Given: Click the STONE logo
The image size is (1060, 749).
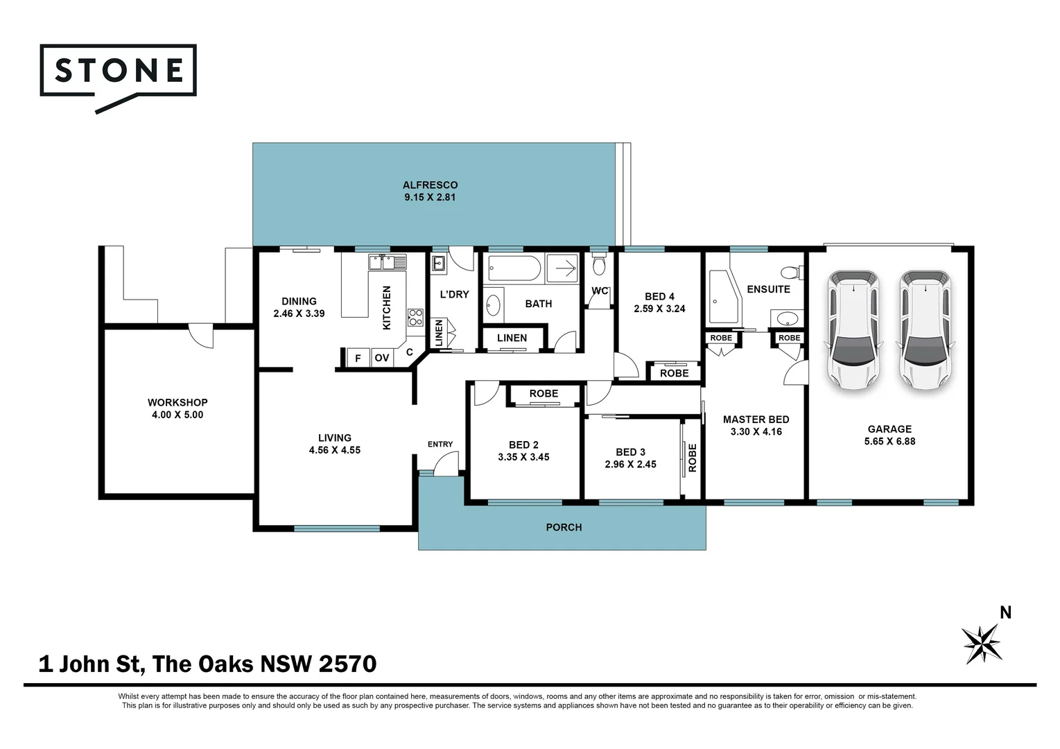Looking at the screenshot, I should pos(118,71).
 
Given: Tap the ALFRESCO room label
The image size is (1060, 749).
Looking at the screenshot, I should pos(430,185).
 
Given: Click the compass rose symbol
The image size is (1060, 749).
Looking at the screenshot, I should pos(982,643).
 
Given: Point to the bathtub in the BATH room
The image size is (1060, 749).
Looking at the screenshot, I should pos(514,268).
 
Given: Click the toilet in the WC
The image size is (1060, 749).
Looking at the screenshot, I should pos(600,266).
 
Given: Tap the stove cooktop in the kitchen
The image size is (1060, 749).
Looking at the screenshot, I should pos(415,317).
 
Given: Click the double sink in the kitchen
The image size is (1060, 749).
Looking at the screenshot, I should pos(388,262).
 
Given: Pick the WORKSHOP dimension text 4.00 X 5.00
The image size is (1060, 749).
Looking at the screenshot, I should pos(177,415).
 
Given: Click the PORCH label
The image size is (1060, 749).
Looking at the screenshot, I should pos(564,527).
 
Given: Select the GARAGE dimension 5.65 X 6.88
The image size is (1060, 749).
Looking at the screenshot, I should pos(889,441).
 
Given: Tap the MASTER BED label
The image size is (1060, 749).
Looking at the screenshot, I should pos(756,420).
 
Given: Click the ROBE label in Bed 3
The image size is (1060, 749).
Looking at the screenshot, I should pos(692,458).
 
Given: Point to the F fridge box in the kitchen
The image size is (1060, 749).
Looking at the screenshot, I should pos(358,358).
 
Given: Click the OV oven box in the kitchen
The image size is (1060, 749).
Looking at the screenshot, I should pos(381,358).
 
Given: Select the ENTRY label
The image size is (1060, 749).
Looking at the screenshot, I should pos(440,444).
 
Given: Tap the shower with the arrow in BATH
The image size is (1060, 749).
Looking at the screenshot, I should pos(562,268).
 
